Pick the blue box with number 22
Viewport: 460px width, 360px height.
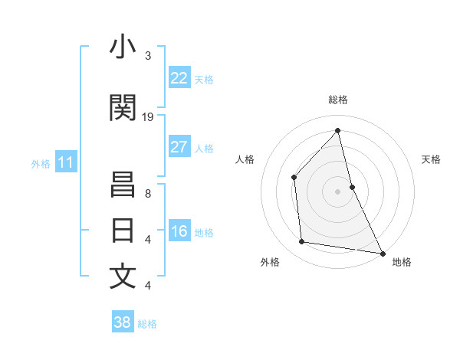tap(179, 78)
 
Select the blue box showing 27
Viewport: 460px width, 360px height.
tap(179, 147)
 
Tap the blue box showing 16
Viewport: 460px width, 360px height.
tap(179, 232)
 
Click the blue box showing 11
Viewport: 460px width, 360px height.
tap(66, 162)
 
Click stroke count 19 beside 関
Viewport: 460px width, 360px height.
tap(148, 116)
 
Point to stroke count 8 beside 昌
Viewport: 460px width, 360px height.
tap(148, 194)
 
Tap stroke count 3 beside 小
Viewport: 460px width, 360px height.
tap(148, 55)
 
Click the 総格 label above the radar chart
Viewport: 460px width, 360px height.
tap(337, 100)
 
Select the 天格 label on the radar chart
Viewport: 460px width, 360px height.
tap(431, 159)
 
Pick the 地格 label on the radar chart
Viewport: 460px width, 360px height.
tap(402, 262)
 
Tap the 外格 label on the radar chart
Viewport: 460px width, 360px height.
tap(270, 262)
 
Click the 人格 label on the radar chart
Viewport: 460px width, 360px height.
tap(245, 159)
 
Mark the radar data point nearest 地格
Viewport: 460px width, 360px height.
tap(382, 253)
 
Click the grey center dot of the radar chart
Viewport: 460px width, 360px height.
tap(337, 191)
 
